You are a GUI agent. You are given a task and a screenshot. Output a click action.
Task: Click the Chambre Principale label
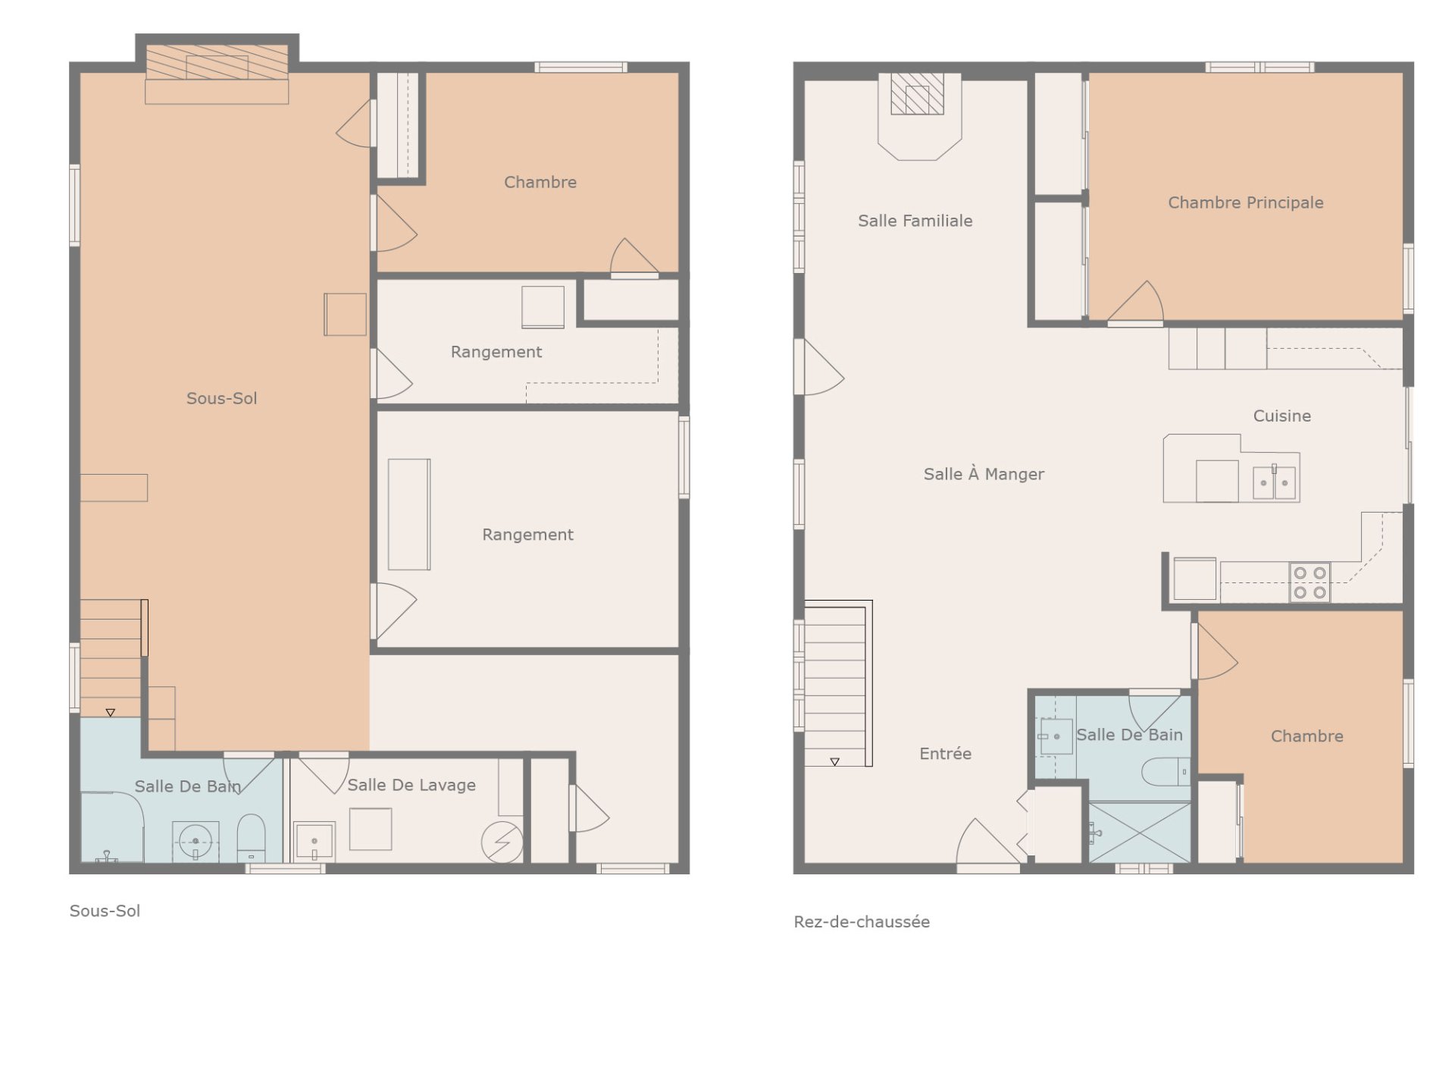coord(1245,202)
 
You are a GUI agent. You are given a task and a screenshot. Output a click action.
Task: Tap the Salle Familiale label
coord(915,221)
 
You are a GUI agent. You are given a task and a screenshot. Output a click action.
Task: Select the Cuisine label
coord(1281,416)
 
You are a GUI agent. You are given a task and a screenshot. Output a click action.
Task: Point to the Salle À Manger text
coord(984,474)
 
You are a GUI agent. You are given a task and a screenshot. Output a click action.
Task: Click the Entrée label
coord(945,753)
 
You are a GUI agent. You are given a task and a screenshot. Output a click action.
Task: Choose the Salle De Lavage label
coord(411,785)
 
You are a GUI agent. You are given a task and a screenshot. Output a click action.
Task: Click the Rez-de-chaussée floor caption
coord(862,921)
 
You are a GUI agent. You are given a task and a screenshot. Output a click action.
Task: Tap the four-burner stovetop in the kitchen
coord(1309,582)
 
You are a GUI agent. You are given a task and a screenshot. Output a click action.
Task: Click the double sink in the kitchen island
coord(1274,482)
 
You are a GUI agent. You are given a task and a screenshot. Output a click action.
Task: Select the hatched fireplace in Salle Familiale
coord(917,94)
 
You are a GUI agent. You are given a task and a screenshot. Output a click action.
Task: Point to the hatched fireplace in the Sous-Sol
coord(217,62)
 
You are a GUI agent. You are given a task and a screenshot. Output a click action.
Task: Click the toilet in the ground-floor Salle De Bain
coord(1166,771)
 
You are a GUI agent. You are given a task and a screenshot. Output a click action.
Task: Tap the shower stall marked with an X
coord(1140,833)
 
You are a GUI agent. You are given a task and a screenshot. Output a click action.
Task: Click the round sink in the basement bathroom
coord(196,841)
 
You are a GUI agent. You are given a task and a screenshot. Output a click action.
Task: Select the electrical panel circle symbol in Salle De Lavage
coord(502,842)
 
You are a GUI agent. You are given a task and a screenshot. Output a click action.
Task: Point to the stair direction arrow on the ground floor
coord(834,761)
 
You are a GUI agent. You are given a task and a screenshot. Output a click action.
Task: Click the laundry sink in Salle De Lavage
coord(314,842)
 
